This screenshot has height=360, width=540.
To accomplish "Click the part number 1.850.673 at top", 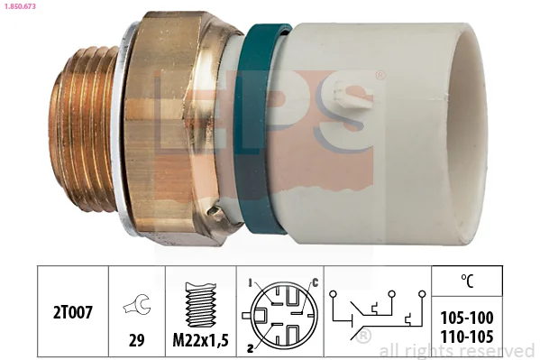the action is pyautogui.click(x=20, y=6).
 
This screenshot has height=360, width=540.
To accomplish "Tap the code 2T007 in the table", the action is pyautogui.click(x=73, y=313).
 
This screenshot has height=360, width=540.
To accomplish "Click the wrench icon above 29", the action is pyautogui.click(x=137, y=304).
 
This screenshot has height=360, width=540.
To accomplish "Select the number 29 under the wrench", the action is pyautogui.click(x=136, y=340).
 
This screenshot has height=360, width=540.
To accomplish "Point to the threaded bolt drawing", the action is pyautogui.click(x=201, y=304).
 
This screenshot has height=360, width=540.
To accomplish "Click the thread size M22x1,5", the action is pyautogui.click(x=200, y=340).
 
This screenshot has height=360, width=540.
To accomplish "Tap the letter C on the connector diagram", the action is pyautogui.click(x=315, y=283).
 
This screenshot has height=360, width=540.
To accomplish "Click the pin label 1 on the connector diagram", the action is pyautogui.click(x=250, y=283).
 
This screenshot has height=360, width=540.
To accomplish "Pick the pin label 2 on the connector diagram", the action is pyautogui.click(x=251, y=348).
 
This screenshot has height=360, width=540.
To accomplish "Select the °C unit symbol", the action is pyautogui.click(x=467, y=281).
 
